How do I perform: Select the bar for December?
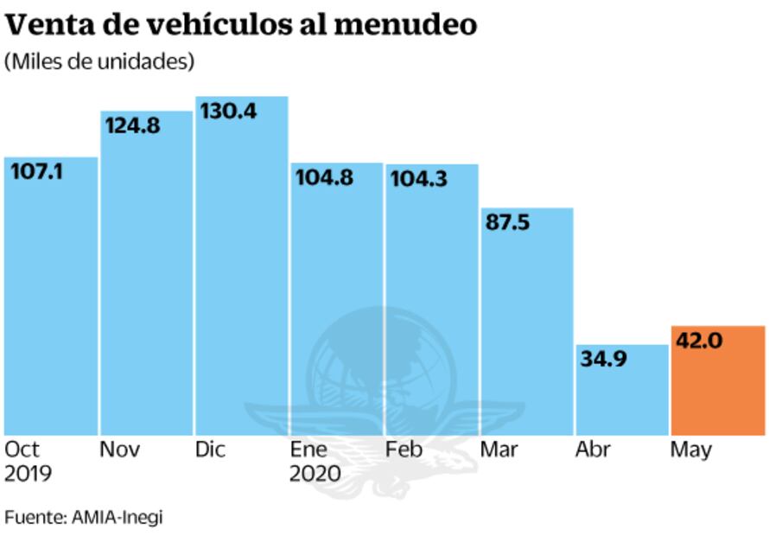241,277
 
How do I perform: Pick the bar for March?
527,329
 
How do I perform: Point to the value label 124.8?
132,125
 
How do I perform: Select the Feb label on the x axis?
404,450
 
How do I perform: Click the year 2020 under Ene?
315,474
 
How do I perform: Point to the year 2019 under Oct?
28,474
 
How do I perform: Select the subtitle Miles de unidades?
99,62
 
